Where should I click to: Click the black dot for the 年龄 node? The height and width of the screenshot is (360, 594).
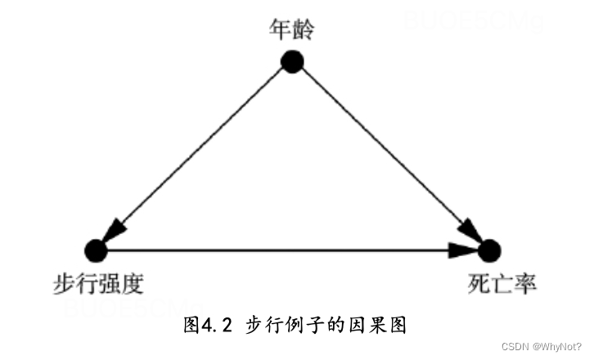click(292, 61)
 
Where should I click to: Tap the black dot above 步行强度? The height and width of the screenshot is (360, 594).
click(96, 249)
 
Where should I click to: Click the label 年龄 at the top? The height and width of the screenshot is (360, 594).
click(292, 30)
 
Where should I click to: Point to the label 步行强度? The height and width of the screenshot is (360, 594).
click(97, 285)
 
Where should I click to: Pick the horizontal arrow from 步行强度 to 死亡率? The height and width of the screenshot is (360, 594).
click(286, 249)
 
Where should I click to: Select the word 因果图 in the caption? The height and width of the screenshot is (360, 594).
click(384, 326)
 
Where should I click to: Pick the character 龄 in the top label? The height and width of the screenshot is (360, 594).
click(304, 30)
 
